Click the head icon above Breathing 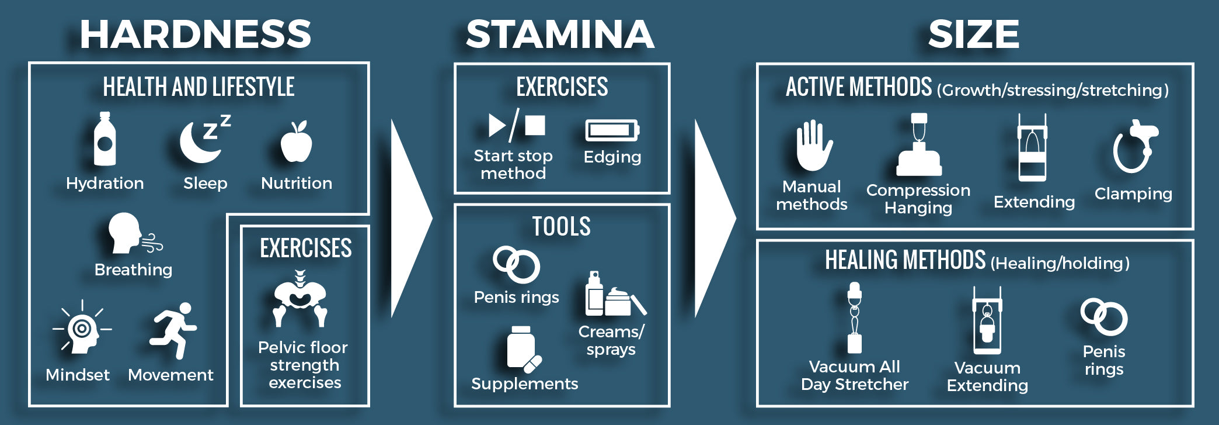[126, 233]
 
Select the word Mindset [78, 375]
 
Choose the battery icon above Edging [612, 130]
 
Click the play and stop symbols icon [516, 125]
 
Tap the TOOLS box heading [561, 227]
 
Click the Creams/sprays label [611, 340]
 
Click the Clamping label [1133, 194]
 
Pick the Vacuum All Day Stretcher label [855, 375]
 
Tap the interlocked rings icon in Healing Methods [1103, 317]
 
